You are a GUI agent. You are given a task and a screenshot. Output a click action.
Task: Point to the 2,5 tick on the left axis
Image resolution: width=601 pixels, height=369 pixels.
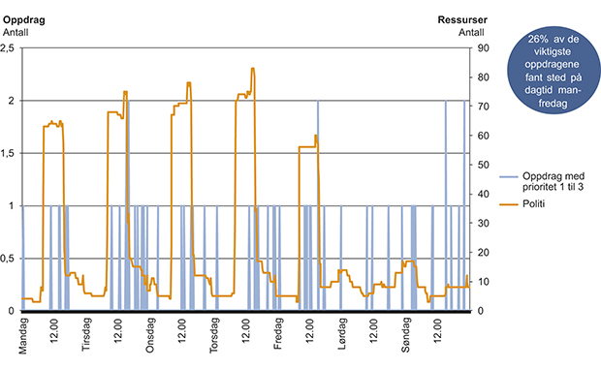pos(10,48)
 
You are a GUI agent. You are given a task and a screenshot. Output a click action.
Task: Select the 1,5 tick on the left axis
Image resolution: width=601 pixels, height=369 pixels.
pos(10,153)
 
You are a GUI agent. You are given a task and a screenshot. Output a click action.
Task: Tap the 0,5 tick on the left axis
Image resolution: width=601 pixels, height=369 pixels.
pos(10,259)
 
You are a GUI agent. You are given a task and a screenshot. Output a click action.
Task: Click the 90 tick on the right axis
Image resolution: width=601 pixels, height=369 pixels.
pos(479,48)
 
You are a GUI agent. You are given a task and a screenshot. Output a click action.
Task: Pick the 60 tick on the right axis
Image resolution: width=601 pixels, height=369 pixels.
pos(479,136)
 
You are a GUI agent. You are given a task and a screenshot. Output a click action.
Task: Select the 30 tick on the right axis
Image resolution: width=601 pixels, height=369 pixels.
pos(479,224)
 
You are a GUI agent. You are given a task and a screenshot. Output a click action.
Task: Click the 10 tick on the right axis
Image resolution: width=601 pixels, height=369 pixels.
pos(479,282)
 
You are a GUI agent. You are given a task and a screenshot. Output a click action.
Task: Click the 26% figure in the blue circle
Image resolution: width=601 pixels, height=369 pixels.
pos(537,37)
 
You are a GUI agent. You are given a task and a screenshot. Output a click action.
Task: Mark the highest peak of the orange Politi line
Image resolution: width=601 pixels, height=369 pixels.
pos(253,69)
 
